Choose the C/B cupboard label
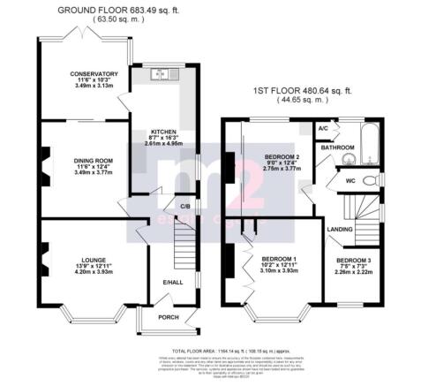point(185,207)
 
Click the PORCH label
point(168,316)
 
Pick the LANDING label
point(337,231)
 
